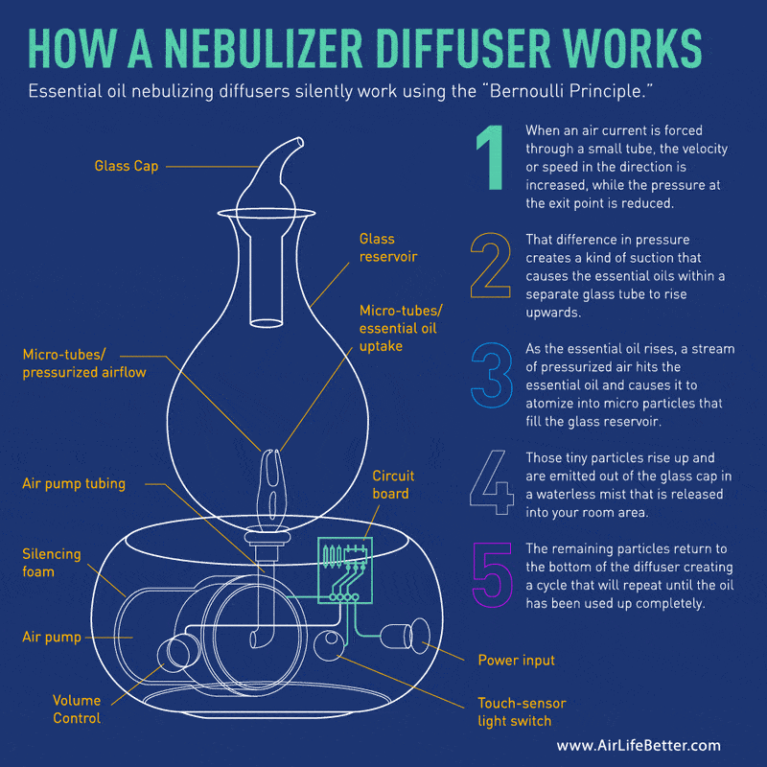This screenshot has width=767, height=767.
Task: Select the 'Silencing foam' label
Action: (x=52, y=563)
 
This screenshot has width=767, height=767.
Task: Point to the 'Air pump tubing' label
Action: (x=74, y=484)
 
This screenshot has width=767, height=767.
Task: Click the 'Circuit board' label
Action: (x=390, y=485)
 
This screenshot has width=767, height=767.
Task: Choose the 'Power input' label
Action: (x=516, y=661)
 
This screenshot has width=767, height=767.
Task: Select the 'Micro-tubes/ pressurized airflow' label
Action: (x=84, y=363)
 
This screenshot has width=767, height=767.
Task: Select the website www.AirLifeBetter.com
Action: (x=638, y=745)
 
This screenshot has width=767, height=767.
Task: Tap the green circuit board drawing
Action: (x=343, y=566)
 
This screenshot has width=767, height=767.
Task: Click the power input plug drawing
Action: (x=408, y=637)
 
